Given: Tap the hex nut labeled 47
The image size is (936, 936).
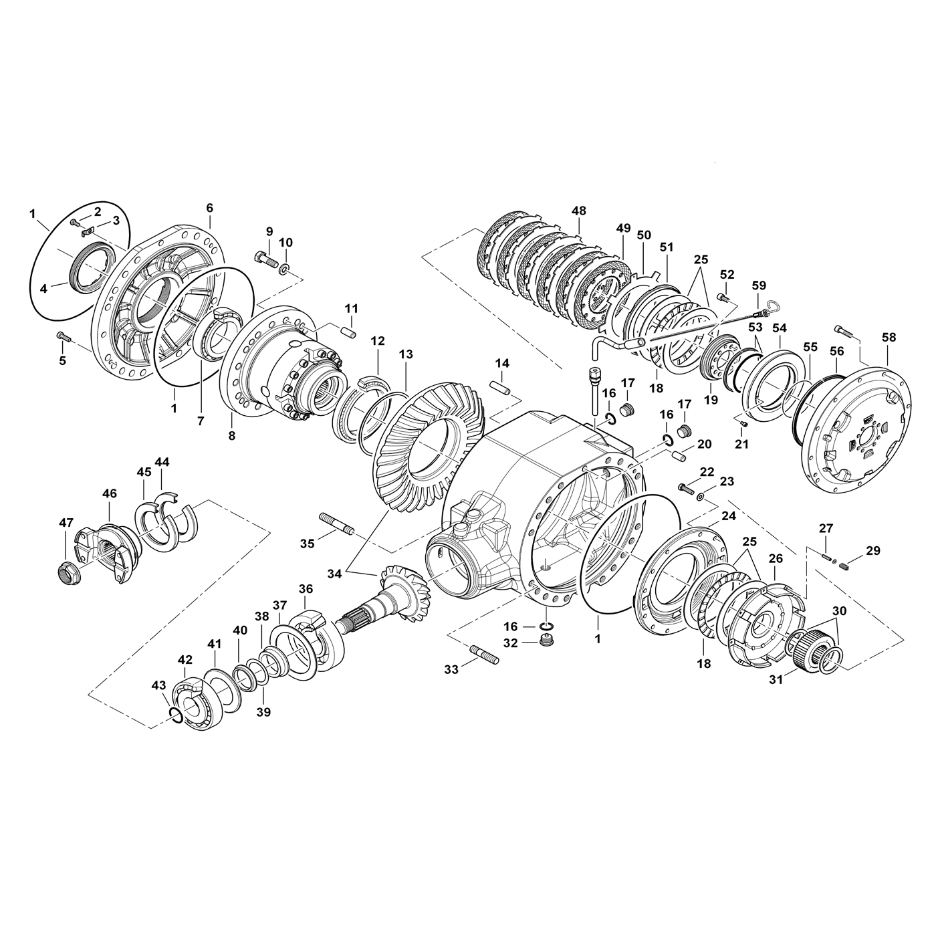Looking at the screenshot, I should tap(66, 573).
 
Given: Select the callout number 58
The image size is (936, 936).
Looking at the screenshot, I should tap(889, 338).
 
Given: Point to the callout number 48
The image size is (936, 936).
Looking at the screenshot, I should tap(579, 211).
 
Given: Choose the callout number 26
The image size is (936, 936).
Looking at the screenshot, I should tap(776, 557).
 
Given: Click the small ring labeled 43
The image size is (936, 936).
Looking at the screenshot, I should tap(175, 716).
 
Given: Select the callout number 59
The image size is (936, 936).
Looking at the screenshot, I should tap(759, 285).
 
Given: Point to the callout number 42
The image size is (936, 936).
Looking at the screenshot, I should tap(185, 659).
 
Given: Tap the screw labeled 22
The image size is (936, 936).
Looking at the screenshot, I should tap(685, 488).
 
